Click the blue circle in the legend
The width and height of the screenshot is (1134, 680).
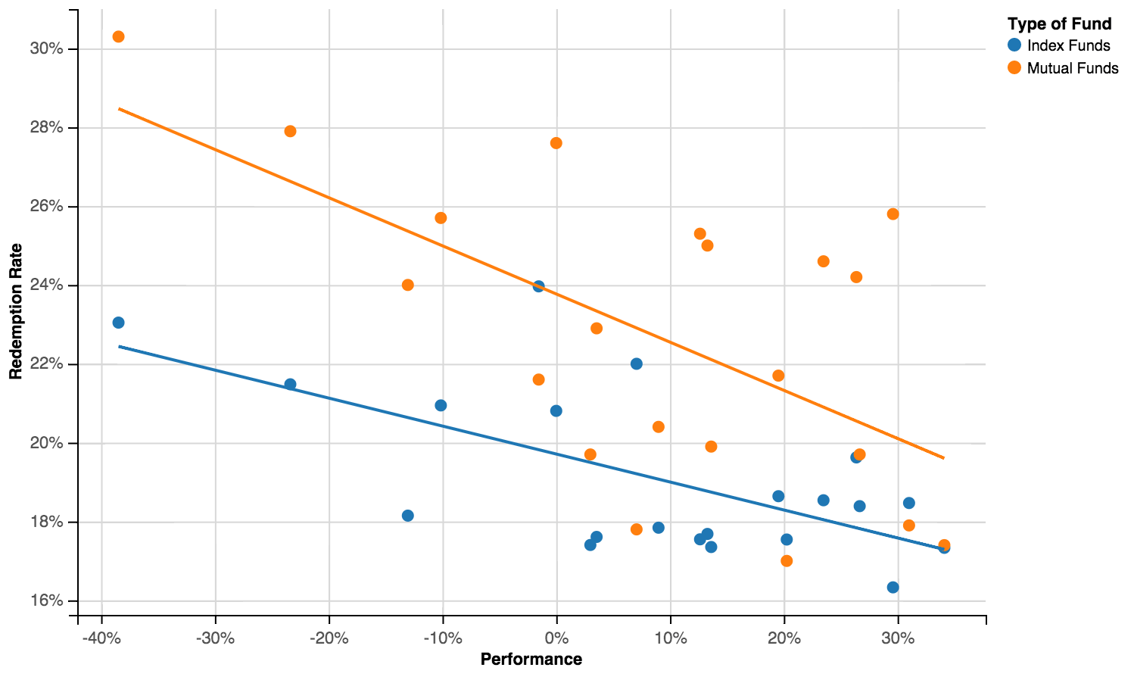[1014, 45]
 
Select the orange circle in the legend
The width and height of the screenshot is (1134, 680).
[1014, 68]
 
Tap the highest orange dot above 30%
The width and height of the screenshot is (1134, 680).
[118, 36]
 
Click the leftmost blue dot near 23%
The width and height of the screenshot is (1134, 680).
[118, 323]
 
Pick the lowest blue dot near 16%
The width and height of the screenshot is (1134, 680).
[893, 587]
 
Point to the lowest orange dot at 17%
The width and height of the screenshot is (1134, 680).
[787, 561]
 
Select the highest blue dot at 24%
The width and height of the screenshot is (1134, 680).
[538, 286]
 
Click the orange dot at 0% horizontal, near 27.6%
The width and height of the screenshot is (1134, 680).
[556, 143]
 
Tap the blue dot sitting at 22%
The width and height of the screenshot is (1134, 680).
[636, 363]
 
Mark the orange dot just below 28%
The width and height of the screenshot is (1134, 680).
[290, 131]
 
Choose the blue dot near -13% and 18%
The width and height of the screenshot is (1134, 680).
[407, 516]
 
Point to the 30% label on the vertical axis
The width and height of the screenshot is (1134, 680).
[46, 49]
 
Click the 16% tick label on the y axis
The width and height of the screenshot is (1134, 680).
[46, 601]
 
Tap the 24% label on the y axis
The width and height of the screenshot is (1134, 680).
[46, 285]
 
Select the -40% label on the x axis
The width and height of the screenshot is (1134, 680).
[101, 638]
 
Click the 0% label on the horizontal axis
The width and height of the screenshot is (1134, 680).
[556, 638]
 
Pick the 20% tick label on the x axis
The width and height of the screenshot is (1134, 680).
[784, 638]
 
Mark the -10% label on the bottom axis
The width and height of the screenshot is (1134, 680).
[442, 638]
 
